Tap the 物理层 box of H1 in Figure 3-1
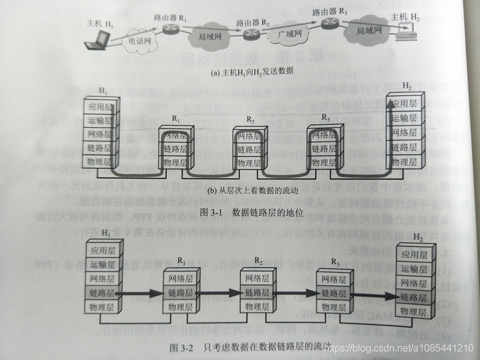(100, 162)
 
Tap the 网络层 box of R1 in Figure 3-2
(180, 279)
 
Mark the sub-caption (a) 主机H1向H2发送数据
(242, 71)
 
